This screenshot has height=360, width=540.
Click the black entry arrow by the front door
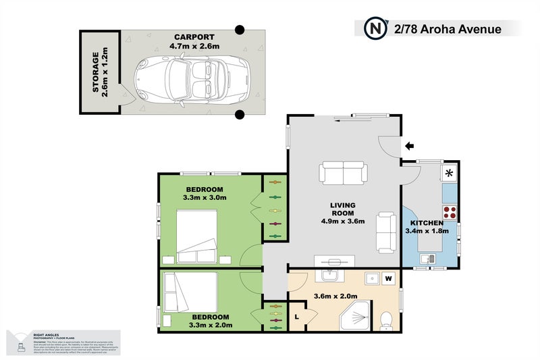(409, 145)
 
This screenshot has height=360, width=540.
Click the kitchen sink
(427, 258)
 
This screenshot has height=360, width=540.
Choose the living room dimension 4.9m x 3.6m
(343, 221)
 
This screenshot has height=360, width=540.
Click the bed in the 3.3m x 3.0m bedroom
(197, 236)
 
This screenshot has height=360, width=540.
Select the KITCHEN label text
(427, 223)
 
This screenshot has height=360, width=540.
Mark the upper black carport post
(239, 30)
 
